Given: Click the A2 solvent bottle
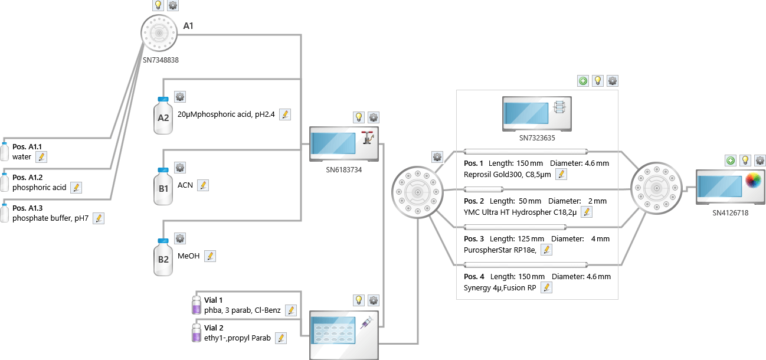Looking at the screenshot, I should point(163,116).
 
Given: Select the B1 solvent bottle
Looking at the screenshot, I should point(163,186).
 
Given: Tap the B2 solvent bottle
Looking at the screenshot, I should point(163,257).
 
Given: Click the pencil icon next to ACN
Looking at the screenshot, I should point(203,185).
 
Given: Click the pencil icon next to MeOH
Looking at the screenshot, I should point(209,256).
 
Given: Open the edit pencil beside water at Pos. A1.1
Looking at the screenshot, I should point(41,157).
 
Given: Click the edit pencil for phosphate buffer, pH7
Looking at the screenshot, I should point(99,218).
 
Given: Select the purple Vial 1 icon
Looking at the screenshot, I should point(197,305).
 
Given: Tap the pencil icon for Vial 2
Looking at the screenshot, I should point(281,338).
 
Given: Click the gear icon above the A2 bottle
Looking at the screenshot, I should point(180,97).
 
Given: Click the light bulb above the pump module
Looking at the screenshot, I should point(358,117).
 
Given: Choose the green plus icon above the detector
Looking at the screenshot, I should point(731,161).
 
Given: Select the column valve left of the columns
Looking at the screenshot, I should point(417,192).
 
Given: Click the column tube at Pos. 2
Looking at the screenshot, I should point(483,189).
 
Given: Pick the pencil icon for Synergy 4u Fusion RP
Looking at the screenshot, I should point(546,287).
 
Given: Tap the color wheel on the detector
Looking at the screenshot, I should point(753,181).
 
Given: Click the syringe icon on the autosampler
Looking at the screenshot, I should point(365,322).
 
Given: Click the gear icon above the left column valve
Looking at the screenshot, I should point(437,157).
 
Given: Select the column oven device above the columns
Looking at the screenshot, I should point(537,114).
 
